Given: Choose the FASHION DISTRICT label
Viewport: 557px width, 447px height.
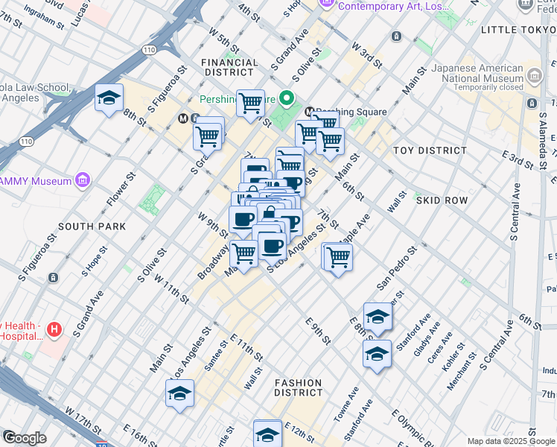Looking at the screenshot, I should pos(299,387).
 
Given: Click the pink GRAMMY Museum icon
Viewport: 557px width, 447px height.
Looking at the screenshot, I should pos(82,180).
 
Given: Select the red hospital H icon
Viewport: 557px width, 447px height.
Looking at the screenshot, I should pos(53,329).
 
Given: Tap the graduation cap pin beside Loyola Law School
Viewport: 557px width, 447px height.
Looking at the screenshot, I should pos(109,98).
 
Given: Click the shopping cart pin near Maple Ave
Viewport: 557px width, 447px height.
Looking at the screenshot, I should pos(338,256).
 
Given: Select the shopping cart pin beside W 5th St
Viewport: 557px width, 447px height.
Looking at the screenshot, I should pos(250,102).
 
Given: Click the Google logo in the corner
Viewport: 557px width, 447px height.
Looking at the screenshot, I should pos(24,438).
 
